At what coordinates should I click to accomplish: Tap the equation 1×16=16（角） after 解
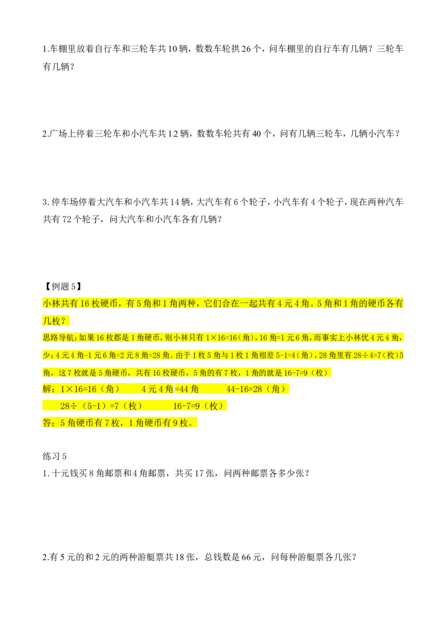pos(90,389)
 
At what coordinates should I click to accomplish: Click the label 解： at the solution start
pos(49,389)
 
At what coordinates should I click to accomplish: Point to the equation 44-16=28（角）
pos(256,389)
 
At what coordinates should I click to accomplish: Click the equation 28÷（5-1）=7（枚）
pos(101,406)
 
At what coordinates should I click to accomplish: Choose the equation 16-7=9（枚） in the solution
pos(198,406)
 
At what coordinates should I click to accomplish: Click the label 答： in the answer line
pos(49,423)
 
